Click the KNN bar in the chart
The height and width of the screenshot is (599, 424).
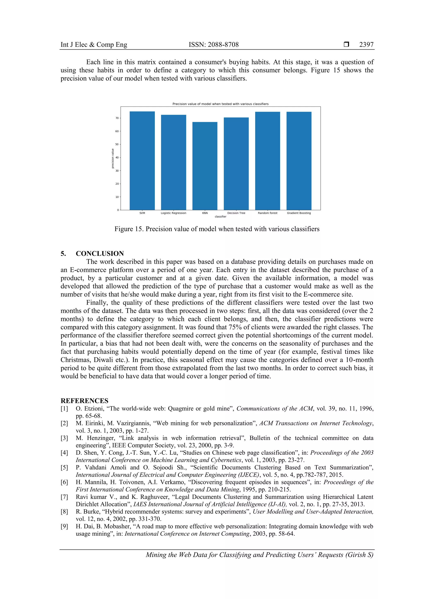[x=205, y=166]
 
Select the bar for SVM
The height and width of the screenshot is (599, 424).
[x=142, y=160]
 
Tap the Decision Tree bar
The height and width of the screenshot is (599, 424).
[x=236, y=164]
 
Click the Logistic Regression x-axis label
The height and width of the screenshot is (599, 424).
[x=173, y=213]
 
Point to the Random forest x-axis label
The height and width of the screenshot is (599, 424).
[x=267, y=213]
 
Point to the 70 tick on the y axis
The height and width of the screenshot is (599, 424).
[x=117, y=118]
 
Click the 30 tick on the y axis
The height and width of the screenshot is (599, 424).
[x=117, y=171]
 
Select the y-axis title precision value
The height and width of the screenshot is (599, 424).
[x=113, y=158]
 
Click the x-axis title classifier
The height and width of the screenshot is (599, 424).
[x=220, y=216]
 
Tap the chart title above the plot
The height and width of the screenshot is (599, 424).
[x=220, y=104]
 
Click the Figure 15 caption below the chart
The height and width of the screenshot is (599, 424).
[x=217, y=229]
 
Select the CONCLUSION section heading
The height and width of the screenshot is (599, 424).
[x=100, y=253]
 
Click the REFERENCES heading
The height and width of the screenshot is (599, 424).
[x=84, y=401]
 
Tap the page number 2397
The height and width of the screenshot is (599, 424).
[x=366, y=45]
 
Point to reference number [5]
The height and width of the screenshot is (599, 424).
[x=64, y=467]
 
